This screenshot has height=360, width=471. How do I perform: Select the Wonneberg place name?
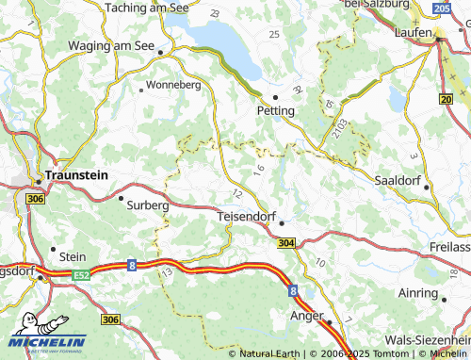tap(174, 85)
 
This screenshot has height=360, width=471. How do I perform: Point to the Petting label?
tap(276, 110)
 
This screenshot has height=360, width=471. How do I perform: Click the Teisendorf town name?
tap(246, 216)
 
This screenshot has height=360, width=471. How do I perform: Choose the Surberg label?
tap(148, 204)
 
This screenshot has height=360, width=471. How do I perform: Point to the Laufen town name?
tap(414, 30)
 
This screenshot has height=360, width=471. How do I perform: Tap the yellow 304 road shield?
tap(286, 242)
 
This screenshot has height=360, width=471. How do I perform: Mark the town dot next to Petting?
tap(275, 96)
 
